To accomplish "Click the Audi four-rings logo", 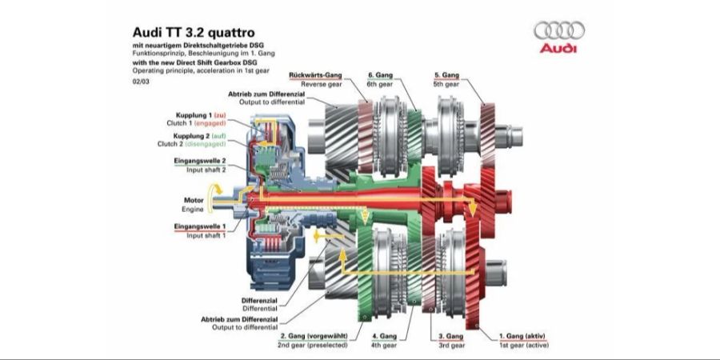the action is click(559, 30).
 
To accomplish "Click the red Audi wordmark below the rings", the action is click(558, 48).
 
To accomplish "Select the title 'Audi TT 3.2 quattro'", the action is click(194, 33).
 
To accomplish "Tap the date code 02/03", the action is click(141, 82).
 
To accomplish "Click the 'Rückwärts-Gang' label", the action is click(315, 75).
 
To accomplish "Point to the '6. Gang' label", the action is click(381, 75).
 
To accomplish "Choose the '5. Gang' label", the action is click(446, 75).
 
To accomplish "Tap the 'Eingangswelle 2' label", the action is click(200, 161).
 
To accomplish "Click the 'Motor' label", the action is click(194, 201).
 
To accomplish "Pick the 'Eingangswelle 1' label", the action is click(200, 227).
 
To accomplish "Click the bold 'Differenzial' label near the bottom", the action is click(259, 301).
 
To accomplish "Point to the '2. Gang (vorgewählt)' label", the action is click(314, 336).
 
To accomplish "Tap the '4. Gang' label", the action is click(384, 336).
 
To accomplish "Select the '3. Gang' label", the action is click(450, 336).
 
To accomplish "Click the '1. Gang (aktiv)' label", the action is click(522, 336).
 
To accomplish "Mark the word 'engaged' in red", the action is click(210, 123).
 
